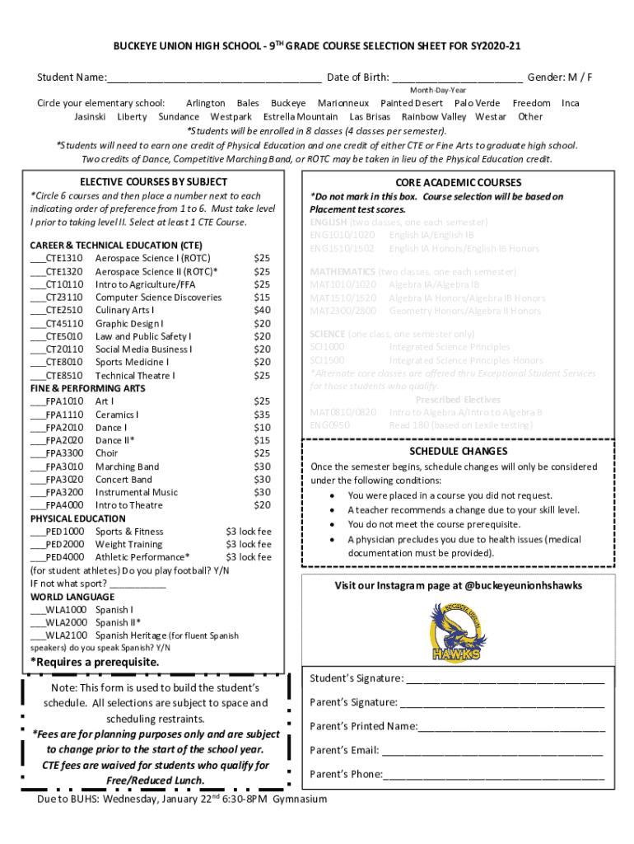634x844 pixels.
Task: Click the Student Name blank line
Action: (x=214, y=79)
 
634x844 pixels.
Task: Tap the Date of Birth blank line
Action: (x=457, y=79)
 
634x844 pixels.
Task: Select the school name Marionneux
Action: (x=343, y=103)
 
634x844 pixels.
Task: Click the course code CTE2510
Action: (x=63, y=310)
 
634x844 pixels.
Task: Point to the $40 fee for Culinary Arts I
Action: (x=262, y=310)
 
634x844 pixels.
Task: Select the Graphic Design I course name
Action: (x=129, y=323)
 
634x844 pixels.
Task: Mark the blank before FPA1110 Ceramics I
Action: (x=37, y=415)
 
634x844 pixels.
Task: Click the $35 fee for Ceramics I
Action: (x=262, y=415)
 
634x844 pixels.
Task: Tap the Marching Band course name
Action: (x=127, y=467)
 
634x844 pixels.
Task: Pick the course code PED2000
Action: (x=64, y=544)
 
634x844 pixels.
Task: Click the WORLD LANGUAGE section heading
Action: (x=72, y=596)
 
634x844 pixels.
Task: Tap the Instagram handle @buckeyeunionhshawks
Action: (x=512, y=585)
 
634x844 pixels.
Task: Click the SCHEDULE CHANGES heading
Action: (x=459, y=451)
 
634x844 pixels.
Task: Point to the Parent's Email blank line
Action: (x=492, y=751)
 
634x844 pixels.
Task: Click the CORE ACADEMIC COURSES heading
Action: (x=458, y=182)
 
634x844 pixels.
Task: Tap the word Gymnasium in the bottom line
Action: (x=300, y=799)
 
